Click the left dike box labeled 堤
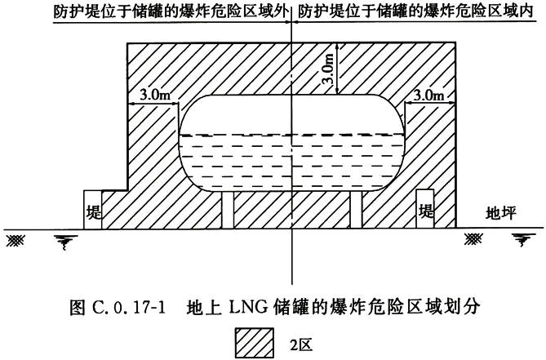click(92, 210)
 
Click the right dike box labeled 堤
click(425, 210)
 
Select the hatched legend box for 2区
click(254, 342)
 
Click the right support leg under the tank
click(356, 211)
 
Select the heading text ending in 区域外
click(171, 12)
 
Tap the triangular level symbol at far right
click(520, 239)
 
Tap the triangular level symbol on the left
click(61, 239)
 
